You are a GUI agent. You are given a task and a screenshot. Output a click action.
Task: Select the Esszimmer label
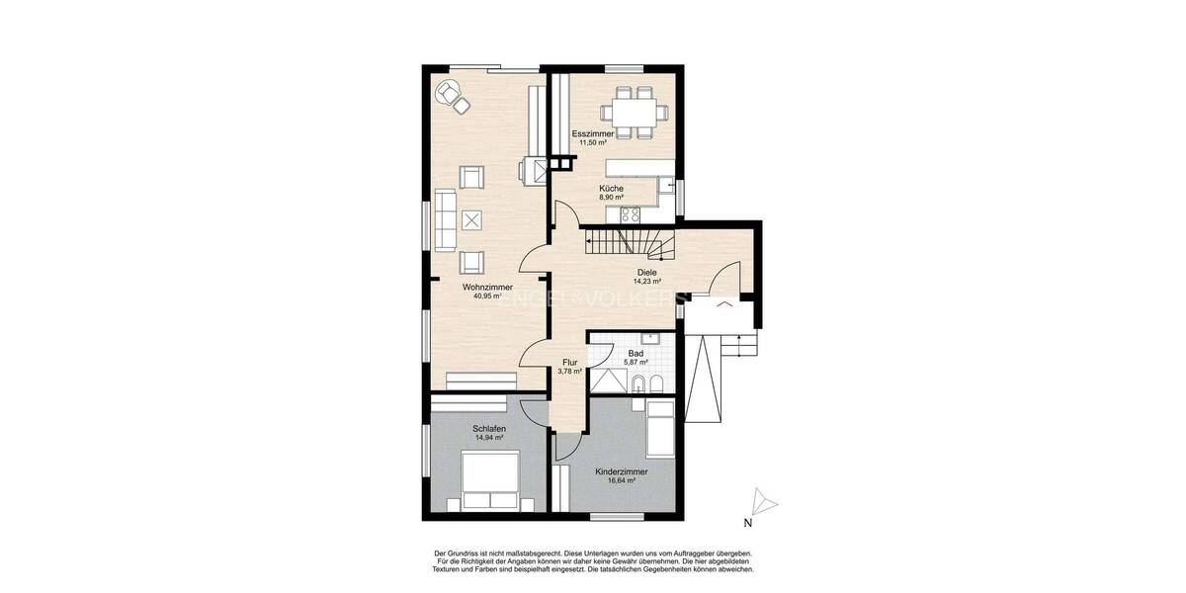click(593, 133)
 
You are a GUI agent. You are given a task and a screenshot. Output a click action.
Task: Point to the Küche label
click(611, 188)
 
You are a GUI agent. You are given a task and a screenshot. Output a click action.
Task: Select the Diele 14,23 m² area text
click(645, 282)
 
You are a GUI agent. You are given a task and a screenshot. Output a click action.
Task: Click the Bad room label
click(635, 353)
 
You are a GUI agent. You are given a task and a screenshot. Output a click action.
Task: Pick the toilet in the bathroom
click(637, 382)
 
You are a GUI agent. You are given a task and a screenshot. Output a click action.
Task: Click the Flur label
click(570, 362)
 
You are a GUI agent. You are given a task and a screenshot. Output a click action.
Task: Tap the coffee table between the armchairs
click(472, 220)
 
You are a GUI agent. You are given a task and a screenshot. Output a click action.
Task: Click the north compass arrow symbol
click(763, 502)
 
